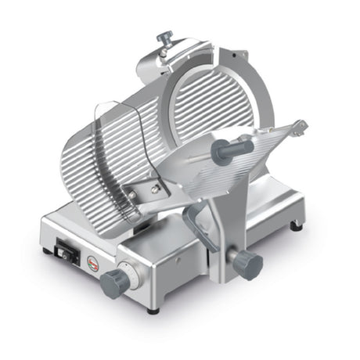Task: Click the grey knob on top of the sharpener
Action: [x=164, y=37]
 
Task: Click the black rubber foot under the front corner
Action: [x=153, y=310]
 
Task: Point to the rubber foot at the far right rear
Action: [x=297, y=227]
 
